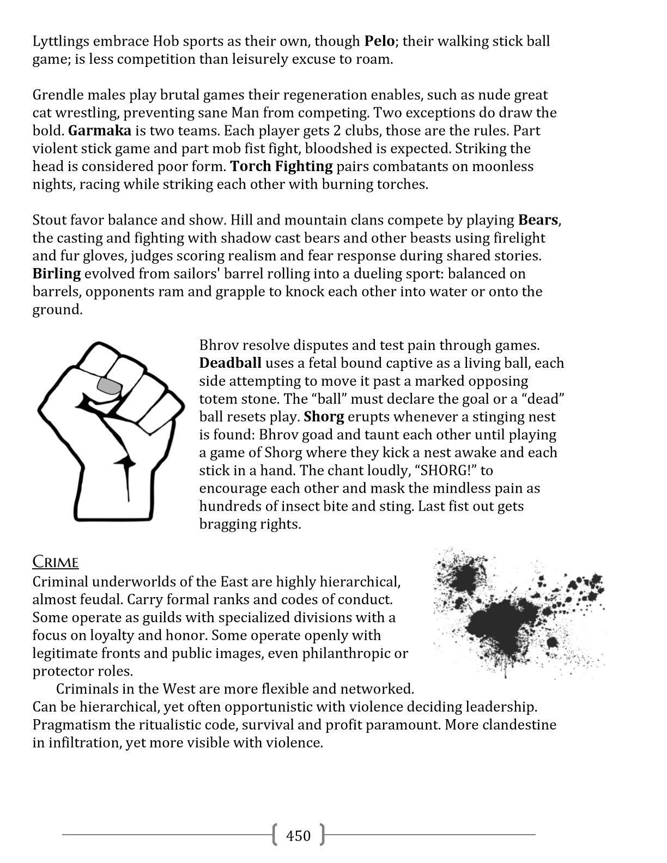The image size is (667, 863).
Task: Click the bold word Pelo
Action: (x=379, y=41)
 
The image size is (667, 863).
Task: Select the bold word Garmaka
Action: (x=100, y=131)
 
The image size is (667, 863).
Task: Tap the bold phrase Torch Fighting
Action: (x=281, y=167)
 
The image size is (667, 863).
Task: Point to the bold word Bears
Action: (x=538, y=220)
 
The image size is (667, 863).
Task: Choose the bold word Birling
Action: (x=57, y=274)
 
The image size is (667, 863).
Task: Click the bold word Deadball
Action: (x=230, y=363)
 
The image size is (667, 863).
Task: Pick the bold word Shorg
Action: (x=324, y=417)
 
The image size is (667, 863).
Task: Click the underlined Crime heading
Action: (x=56, y=562)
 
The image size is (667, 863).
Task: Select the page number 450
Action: (x=298, y=836)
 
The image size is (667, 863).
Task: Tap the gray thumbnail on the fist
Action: (x=109, y=386)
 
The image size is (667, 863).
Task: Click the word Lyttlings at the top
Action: (x=60, y=41)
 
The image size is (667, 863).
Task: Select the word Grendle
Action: (x=59, y=95)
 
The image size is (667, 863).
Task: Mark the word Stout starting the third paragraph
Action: (x=50, y=220)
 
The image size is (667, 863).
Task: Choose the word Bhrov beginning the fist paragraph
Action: (x=218, y=345)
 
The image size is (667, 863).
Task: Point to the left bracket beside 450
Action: (x=274, y=835)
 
